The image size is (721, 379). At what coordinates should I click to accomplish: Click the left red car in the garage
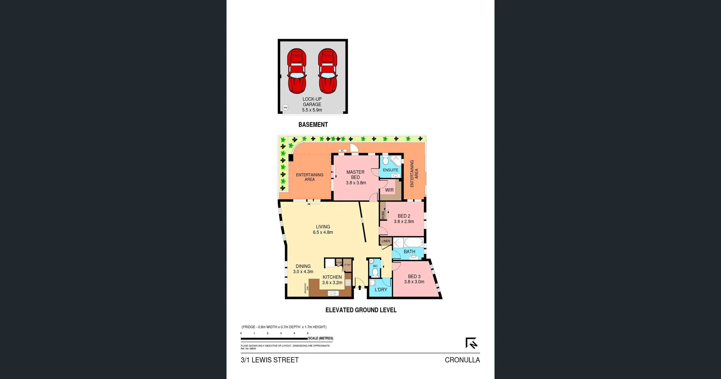pos(297,71)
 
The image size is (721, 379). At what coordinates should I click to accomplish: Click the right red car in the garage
pos(327,71)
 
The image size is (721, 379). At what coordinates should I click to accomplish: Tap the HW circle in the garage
pos(285,107)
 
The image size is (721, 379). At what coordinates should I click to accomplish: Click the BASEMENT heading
pos(313,125)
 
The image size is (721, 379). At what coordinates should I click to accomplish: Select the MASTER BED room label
pos(355,175)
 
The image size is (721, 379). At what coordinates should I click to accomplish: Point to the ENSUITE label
pos(391,170)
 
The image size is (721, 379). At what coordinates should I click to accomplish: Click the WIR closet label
pos(389,190)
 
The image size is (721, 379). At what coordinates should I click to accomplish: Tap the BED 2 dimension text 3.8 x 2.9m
pos(404,222)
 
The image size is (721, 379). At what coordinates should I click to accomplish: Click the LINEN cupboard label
pos(386,241)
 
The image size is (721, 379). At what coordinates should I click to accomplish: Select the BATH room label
pos(409,252)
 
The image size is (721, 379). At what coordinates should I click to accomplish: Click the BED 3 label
pos(414,276)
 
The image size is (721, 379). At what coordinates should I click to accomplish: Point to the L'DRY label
pos(381,290)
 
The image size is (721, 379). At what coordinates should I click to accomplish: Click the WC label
pos(375,266)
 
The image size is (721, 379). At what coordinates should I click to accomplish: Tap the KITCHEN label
pos(332,277)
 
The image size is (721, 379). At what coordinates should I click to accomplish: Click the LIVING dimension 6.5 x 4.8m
pos(323,232)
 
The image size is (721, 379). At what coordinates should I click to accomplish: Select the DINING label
pos(303,266)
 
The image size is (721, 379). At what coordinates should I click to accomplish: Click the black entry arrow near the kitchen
pos(360,288)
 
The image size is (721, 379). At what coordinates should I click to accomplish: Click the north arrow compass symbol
pos(471,343)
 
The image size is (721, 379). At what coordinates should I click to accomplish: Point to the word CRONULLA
pos(462,360)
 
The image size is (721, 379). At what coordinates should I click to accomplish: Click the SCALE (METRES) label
pos(320,338)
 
